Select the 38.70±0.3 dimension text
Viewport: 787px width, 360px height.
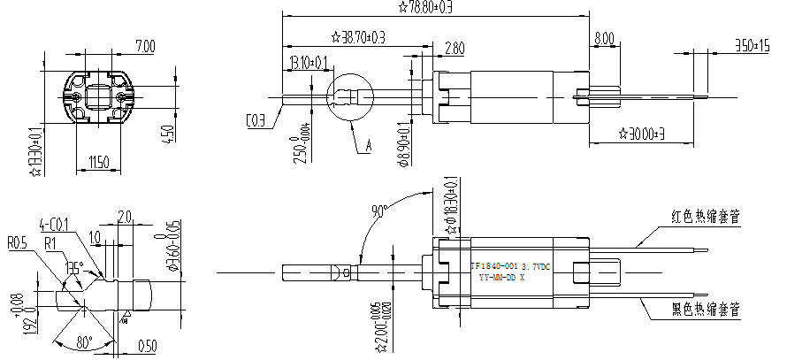(x=358, y=37)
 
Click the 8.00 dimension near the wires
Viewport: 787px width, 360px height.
(x=605, y=39)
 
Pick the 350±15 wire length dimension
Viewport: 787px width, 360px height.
(x=752, y=44)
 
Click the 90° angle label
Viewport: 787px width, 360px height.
(x=380, y=211)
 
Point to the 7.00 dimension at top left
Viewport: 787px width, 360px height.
(x=144, y=46)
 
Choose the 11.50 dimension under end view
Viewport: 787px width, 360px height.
(x=98, y=162)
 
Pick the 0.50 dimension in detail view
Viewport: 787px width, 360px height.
(x=147, y=345)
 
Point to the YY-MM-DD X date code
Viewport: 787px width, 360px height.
(x=501, y=277)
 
